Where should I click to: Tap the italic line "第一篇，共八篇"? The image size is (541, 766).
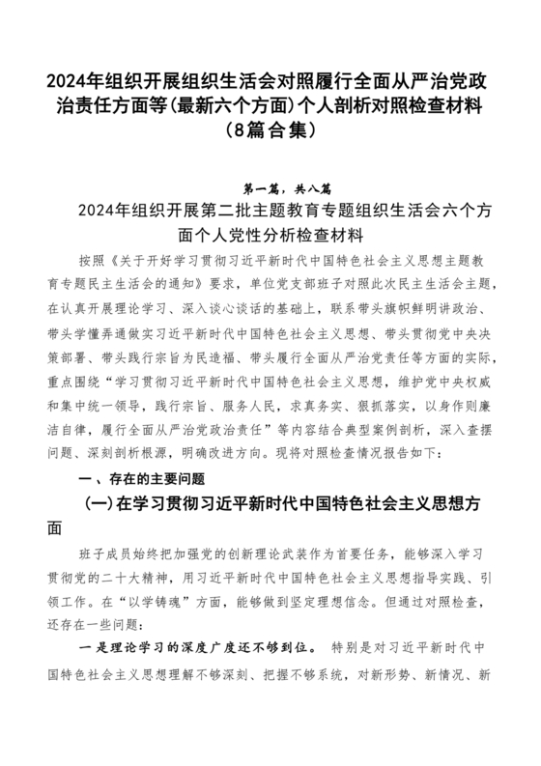270,188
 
